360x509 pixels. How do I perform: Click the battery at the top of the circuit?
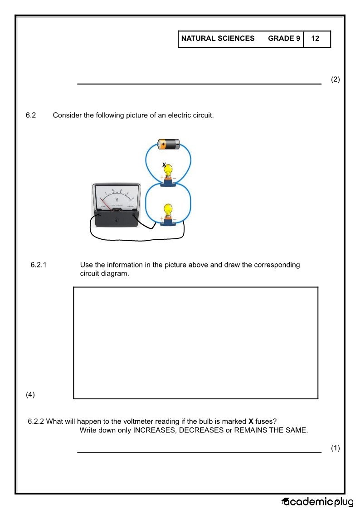pos(168,144)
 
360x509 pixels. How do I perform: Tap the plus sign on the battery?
pos(163,144)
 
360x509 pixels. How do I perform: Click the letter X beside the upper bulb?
pos(164,165)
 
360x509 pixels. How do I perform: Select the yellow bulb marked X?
pos(168,171)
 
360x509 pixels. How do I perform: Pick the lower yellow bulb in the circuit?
pos(168,211)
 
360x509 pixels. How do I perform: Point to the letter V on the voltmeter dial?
pos(117,199)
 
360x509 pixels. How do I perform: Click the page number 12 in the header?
pos(315,39)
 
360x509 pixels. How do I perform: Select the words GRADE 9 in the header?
pos(284,39)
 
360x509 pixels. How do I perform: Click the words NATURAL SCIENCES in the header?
pos(218,39)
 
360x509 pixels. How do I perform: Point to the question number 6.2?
pos(31,115)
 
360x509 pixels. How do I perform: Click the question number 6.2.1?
pos(39,265)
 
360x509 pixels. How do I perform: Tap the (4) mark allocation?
pos(30,394)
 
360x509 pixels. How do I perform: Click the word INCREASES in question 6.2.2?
pos(154,430)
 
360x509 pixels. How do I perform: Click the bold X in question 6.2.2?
pos(251,422)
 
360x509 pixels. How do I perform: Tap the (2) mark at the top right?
pos(335,79)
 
